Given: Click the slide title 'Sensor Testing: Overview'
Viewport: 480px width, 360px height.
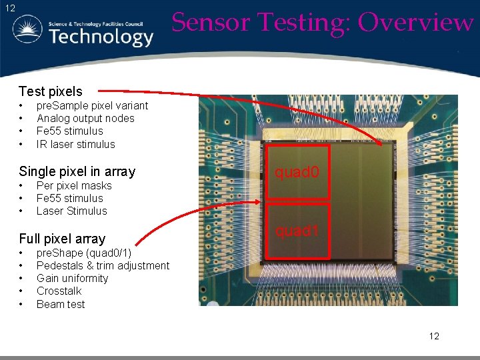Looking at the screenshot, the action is [x=323, y=22].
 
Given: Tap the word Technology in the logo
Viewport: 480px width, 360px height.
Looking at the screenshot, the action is [x=101, y=37].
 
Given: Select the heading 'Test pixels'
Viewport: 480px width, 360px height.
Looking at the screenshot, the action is [x=51, y=91].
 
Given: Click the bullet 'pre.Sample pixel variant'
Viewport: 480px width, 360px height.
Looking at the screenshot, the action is [x=92, y=105].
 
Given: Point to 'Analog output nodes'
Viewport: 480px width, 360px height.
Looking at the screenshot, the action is [x=85, y=118].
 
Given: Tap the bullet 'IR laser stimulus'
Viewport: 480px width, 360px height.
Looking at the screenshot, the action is [x=75, y=144].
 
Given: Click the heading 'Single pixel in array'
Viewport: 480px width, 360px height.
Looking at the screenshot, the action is [x=77, y=171].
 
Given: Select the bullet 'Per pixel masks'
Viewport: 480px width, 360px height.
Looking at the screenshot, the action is [x=74, y=185].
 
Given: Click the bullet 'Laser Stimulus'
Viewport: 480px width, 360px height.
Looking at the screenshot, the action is [x=71, y=211].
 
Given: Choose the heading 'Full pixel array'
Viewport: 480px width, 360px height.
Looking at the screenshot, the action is [x=63, y=239].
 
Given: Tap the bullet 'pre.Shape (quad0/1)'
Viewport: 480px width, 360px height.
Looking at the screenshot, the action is [x=84, y=253].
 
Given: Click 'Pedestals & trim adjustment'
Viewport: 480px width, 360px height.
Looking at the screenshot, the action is [x=103, y=265].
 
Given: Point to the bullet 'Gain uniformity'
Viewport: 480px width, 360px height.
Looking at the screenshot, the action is [x=72, y=278].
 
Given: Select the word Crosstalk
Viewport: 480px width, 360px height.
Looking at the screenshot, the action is [x=59, y=291].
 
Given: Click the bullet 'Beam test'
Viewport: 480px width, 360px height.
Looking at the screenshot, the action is [x=61, y=304].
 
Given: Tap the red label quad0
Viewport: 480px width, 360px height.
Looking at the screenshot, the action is [x=297, y=173].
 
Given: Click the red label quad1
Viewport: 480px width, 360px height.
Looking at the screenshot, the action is [x=297, y=231].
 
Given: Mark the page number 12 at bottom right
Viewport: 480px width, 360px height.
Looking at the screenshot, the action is [x=434, y=336].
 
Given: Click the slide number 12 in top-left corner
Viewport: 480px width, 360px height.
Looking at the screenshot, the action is [x=9, y=8].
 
